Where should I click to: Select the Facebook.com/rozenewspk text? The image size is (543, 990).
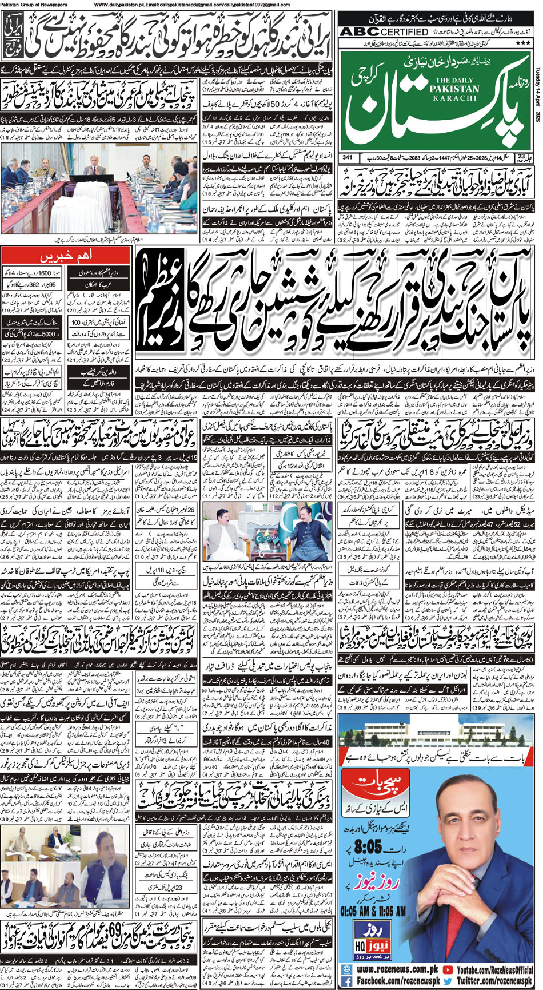(392, 981)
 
